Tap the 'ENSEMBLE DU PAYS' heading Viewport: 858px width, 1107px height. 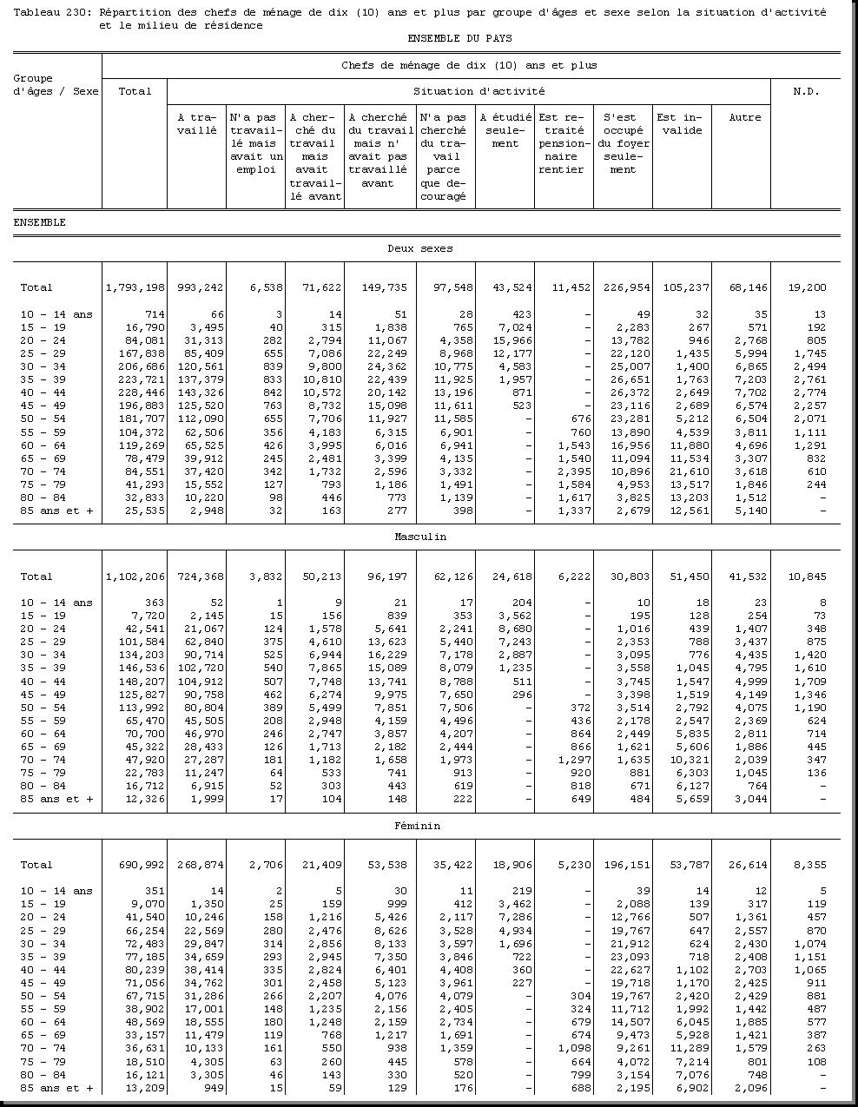pyautogui.click(x=459, y=39)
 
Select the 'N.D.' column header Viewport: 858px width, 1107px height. pyautogui.click(x=805, y=91)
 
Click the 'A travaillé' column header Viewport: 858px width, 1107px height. pyautogui.click(x=196, y=124)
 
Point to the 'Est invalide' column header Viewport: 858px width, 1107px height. pyautogui.click(x=679, y=124)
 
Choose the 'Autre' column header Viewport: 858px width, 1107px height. pyautogui.click(x=744, y=117)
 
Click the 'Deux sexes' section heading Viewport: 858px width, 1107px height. pyautogui.click(x=419, y=249)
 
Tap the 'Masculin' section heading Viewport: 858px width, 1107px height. pyautogui.click(x=420, y=537)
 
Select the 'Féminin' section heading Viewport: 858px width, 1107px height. pyautogui.click(x=420, y=826)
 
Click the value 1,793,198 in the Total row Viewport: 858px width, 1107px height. pyautogui.click(x=135, y=288)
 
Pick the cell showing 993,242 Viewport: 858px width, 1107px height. pyautogui.click(x=199, y=288)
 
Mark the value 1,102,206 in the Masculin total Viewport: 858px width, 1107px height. pyautogui.click(x=135, y=577)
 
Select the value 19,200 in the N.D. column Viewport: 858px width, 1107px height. pyautogui.click(x=808, y=288)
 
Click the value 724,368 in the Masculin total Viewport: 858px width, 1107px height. pyautogui.click(x=199, y=577)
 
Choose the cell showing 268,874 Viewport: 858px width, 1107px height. pyautogui.click(x=199, y=865)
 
